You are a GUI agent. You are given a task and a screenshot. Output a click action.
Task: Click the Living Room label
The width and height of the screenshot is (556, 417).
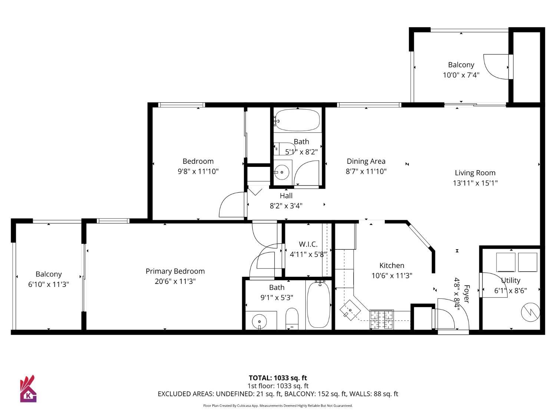475,173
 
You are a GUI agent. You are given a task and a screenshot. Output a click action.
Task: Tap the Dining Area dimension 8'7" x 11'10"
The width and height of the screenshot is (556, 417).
366,171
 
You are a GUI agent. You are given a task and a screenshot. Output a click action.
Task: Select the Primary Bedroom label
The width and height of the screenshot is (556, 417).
175,271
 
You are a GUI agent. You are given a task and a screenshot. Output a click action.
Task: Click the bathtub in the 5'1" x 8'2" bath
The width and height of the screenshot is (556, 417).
297,120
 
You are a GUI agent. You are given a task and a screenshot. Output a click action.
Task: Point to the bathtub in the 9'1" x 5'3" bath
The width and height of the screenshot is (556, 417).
318,304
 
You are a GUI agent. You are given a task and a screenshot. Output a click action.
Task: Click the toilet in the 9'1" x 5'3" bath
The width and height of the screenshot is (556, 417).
292,318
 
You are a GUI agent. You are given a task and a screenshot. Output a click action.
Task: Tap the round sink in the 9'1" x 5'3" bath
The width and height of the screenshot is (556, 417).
259,321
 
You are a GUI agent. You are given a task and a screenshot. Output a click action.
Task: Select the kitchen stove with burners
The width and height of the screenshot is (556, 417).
381,319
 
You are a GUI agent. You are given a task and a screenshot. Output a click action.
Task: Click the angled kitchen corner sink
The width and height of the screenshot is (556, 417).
350,309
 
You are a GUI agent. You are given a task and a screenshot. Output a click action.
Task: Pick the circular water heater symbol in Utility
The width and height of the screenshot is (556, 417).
530,312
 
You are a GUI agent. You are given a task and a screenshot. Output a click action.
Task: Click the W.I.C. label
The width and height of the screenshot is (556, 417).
308,244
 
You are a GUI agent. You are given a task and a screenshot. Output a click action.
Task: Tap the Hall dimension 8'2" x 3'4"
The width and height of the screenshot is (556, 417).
286,206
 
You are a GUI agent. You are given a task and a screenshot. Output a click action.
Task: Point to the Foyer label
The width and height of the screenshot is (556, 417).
467,294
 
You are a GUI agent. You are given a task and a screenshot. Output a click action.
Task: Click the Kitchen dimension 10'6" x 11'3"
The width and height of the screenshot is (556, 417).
392,275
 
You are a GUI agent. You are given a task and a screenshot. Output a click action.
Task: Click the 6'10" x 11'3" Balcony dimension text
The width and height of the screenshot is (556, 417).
48,284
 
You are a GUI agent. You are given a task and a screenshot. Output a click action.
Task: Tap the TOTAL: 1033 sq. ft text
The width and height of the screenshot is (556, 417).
278,378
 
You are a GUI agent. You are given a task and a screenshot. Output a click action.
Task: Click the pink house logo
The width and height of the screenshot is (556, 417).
28,389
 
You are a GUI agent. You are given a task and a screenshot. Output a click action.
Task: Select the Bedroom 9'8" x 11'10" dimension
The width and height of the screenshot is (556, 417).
198,171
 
